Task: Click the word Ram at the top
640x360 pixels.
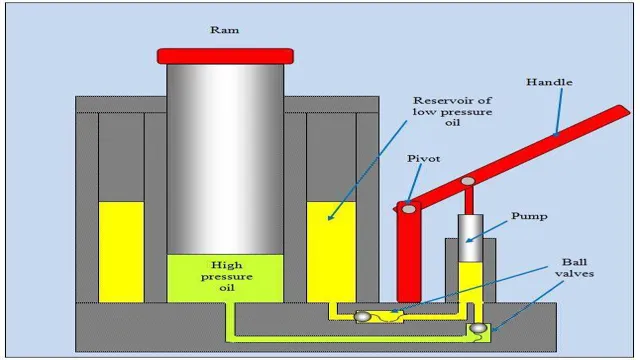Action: point(225,31)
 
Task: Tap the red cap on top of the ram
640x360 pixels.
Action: point(225,55)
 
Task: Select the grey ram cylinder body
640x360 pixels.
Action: point(225,150)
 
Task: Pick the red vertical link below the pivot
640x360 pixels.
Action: point(407,250)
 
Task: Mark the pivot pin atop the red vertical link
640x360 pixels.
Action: point(407,207)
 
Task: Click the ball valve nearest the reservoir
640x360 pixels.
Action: point(362,316)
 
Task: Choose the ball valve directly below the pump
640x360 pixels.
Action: point(479,326)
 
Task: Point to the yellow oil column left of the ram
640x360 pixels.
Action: point(121,250)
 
